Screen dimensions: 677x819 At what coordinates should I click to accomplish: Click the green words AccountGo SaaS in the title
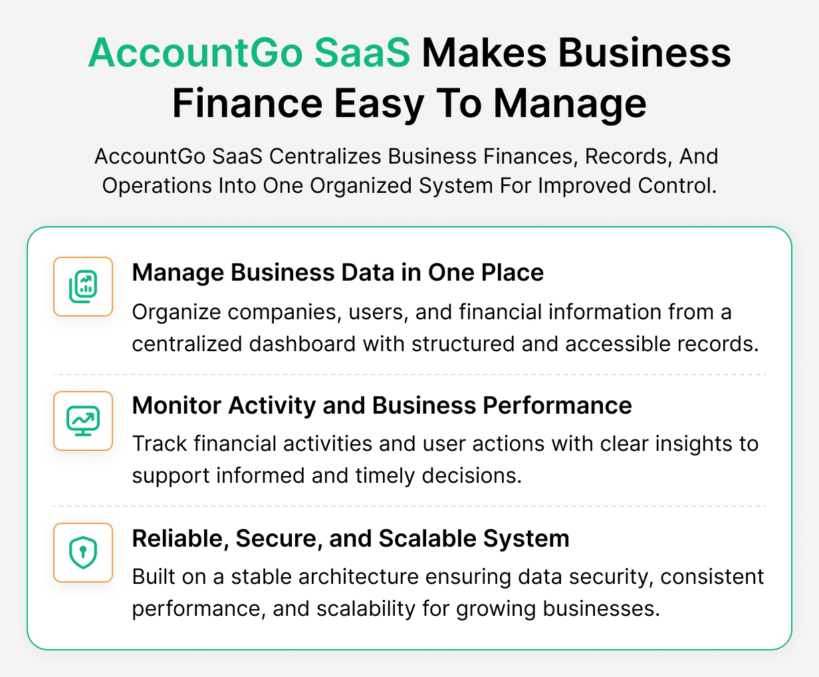coord(249,53)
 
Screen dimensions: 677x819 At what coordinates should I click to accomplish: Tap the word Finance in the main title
coord(248,104)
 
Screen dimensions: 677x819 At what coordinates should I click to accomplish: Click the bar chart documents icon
coord(83,287)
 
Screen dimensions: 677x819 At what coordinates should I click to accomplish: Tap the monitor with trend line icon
coord(83,421)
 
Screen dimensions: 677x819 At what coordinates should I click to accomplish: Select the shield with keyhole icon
coord(83,553)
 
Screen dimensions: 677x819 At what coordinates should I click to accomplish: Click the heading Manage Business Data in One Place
coord(338,273)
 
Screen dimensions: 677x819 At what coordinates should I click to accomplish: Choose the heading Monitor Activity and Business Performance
coord(382,406)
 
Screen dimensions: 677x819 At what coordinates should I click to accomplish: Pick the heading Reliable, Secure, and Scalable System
coord(350,539)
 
